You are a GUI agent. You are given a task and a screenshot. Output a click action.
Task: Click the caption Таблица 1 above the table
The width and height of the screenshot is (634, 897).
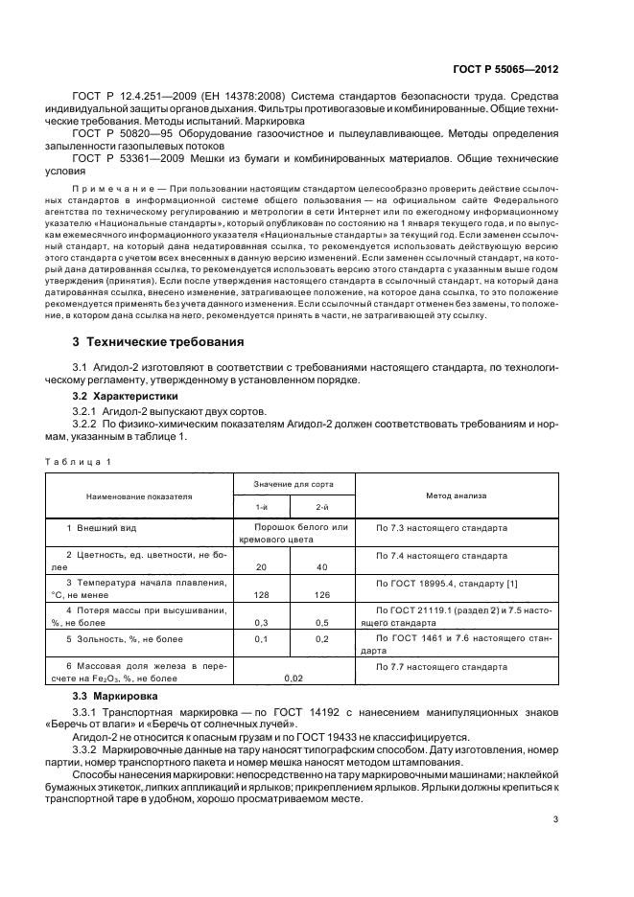pyautogui.click(x=80, y=462)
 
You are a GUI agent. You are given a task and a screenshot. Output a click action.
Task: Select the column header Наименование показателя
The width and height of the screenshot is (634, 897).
pyautogui.click(x=139, y=496)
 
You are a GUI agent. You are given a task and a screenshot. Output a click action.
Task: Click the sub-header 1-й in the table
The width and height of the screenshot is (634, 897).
pyautogui.click(x=261, y=506)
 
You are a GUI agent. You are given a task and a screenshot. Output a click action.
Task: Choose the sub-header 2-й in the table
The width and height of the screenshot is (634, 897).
pyautogui.click(x=323, y=506)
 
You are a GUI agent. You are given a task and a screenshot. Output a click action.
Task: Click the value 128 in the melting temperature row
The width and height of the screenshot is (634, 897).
pyautogui.click(x=261, y=594)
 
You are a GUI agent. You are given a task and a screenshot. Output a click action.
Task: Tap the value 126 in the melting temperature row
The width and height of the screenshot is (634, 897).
pyautogui.click(x=323, y=594)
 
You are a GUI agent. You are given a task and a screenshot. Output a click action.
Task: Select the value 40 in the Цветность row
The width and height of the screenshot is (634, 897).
pyautogui.click(x=323, y=566)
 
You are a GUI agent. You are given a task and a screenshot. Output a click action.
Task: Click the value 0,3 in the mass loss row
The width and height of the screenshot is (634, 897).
pyautogui.click(x=261, y=622)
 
